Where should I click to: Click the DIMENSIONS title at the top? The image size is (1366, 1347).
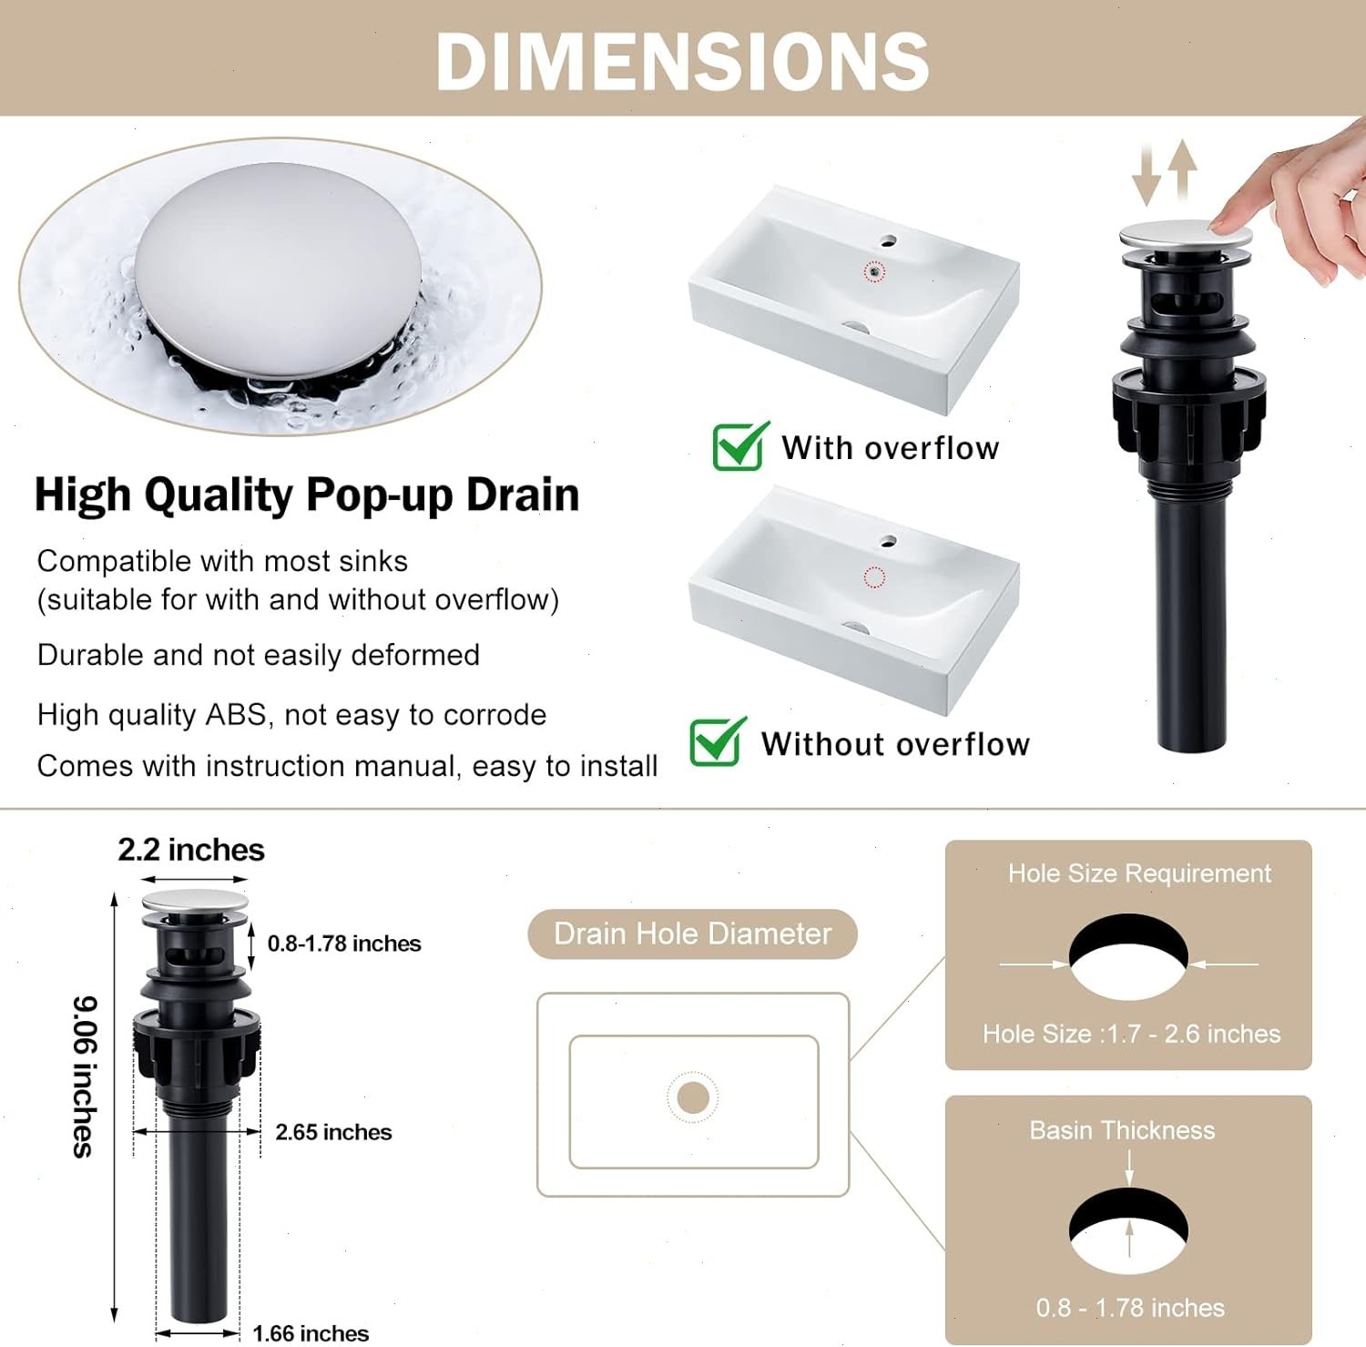coord(683,60)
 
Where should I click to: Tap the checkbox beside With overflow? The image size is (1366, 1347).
coord(739,446)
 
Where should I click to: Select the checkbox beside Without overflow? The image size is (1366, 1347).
coord(717,741)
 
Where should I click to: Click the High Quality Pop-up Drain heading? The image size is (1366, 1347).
coord(307,495)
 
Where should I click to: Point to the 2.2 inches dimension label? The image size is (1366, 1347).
coord(191,850)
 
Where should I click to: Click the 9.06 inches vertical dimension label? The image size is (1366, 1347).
coord(84,1077)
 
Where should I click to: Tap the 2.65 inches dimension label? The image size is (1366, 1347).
coord(333,1132)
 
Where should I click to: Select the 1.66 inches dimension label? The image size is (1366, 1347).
coord(311,1333)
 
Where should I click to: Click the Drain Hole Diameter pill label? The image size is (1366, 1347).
coord(692,934)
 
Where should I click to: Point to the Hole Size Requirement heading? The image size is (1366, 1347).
coord(1139,873)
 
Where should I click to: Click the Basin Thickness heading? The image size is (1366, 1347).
coord(1122,1130)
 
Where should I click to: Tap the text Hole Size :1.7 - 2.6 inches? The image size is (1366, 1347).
coord(1131,1034)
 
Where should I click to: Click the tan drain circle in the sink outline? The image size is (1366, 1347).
coord(693,1097)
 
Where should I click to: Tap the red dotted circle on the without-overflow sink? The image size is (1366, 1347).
coord(874,577)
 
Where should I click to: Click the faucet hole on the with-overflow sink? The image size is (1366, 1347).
coord(888,242)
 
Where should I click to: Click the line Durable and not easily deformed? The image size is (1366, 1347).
coord(259,655)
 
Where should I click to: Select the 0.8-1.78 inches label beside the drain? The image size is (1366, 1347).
coord(344,944)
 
